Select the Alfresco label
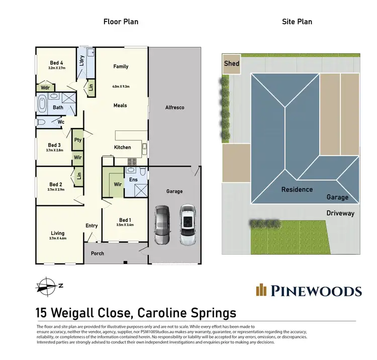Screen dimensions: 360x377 point(175,107)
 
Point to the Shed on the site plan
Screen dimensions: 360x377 point(232,64)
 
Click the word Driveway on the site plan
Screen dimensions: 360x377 point(340,213)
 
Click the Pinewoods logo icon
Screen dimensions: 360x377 point(261,290)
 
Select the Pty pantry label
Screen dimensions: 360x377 point(78,140)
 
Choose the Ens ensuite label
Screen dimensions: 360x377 point(133,180)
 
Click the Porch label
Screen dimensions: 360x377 point(98,253)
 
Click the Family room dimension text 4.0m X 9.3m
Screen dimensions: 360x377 point(121,86)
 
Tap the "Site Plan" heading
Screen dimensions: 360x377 point(298,22)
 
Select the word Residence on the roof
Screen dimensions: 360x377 point(297,189)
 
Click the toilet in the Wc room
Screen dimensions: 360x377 point(42,122)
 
